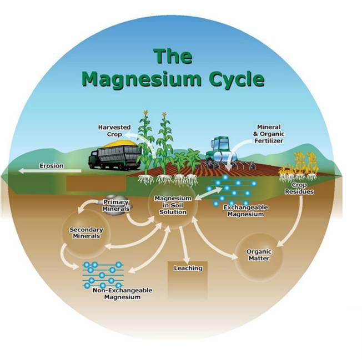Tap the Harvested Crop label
[114, 130]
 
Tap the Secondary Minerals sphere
[85, 232]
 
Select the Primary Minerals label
[117, 206]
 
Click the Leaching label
[188, 268]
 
